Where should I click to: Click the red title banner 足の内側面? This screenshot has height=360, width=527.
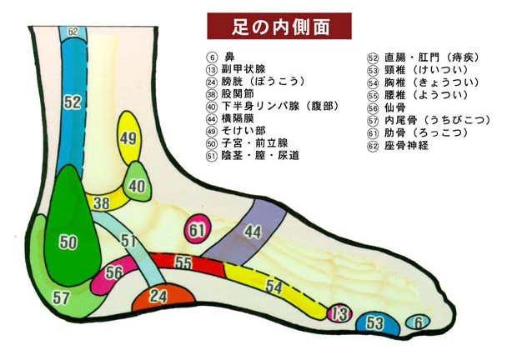click(279, 27)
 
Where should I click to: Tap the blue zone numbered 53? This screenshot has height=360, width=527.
click(375, 322)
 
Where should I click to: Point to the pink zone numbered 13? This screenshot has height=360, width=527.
click(338, 314)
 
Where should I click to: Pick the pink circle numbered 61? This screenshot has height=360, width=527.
click(198, 229)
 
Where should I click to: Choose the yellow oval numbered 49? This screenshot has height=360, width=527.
click(128, 139)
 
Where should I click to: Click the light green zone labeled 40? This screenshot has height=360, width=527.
click(136, 185)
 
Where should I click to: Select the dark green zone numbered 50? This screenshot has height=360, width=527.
click(68, 242)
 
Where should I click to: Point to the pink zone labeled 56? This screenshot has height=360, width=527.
click(113, 272)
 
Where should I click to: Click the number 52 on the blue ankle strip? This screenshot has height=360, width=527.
click(73, 102)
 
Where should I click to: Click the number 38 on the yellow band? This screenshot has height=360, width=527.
click(102, 202)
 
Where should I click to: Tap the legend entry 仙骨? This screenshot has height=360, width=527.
click(393, 107)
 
